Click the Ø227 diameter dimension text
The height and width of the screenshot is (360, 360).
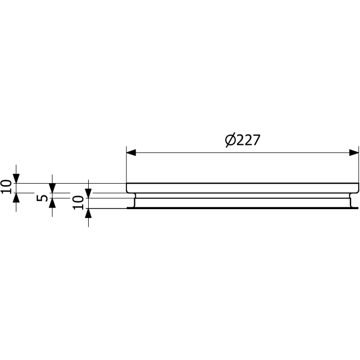coord(242,140)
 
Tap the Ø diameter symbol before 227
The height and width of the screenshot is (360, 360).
coord(230,140)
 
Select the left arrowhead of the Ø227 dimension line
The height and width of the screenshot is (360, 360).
coord(131,152)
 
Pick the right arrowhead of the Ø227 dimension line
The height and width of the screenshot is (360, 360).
coord(354,152)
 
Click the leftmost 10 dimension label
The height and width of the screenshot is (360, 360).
coord(6,187)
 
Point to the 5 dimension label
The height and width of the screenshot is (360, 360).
coord(42,198)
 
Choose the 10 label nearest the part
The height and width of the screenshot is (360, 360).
coord(78,202)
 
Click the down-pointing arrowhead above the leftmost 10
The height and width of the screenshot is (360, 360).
coord(16,179)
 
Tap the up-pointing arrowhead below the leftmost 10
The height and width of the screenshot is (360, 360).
coord(16,198)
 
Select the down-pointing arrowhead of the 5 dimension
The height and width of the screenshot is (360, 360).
coord(52,188)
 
